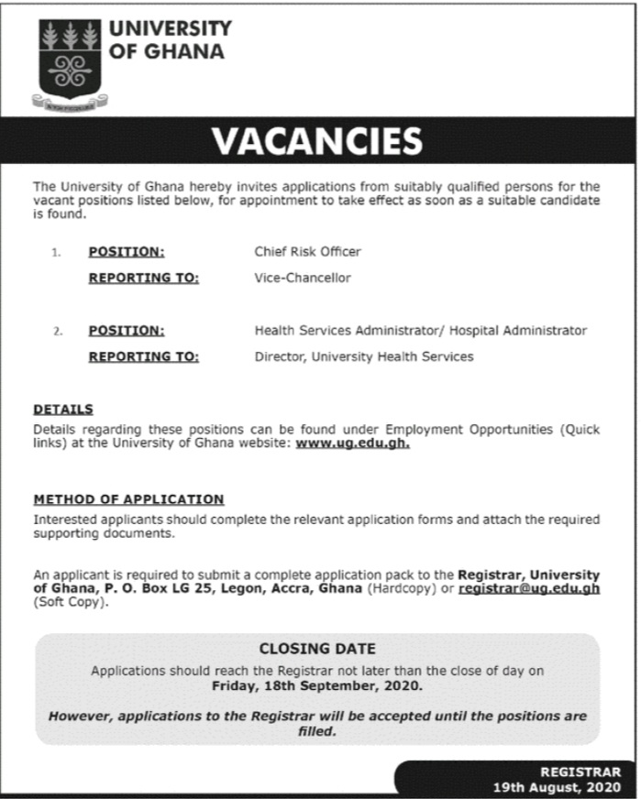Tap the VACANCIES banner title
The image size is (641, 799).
tap(317, 141)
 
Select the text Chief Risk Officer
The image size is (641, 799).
tap(307, 251)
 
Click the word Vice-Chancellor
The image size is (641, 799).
tap(303, 278)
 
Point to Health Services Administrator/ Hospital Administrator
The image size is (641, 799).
tap(420, 331)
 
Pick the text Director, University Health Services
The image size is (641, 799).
tap(363, 356)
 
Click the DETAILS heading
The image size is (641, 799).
tap(63, 410)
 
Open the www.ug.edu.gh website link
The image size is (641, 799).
tap(353, 443)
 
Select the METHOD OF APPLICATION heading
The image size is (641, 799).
tap(128, 499)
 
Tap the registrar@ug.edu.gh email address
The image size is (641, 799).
tap(529, 588)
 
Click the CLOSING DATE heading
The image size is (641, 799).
tap(317, 649)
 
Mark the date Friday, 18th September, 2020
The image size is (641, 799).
tap(317, 684)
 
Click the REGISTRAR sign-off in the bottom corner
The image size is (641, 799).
tap(580, 772)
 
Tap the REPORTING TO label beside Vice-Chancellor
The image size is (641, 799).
tap(143, 278)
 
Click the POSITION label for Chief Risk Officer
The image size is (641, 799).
tap(127, 251)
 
